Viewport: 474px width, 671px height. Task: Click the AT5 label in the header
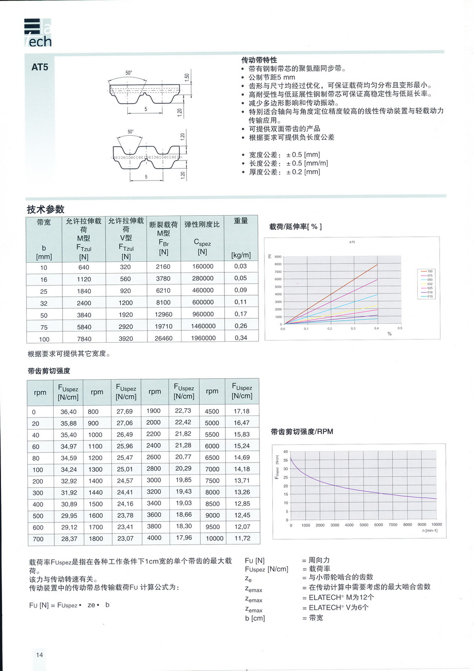pyautogui.click(x=40, y=67)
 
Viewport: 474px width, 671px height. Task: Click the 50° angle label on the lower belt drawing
pyautogui.click(x=130, y=132)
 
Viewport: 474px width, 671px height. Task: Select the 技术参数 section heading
pyautogui.click(x=45, y=209)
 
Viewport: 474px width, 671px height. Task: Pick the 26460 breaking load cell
pyautogui.click(x=164, y=339)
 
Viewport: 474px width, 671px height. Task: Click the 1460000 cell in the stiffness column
pyautogui.click(x=203, y=326)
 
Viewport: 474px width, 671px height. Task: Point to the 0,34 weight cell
pyautogui.click(x=240, y=338)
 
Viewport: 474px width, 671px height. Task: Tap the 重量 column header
pyautogui.click(x=241, y=221)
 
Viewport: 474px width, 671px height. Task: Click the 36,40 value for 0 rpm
pyautogui.click(x=69, y=411)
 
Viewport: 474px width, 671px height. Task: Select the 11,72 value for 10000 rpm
pyautogui.click(x=242, y=538)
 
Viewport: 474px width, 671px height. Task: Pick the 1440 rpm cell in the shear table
pyautogui.click(x=96, y=492)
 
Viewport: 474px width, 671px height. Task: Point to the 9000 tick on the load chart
pyautogui.click(x=278, y=257)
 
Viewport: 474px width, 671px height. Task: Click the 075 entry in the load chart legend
pyautogui.click(x=430, y=276)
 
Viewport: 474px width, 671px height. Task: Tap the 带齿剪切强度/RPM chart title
pyautogui.click(x=302, y=432)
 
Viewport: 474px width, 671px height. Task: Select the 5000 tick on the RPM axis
pyautogui.click(x=364, y=525)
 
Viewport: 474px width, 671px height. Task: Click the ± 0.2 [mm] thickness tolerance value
pyautogui.click(x=303, y=172)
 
